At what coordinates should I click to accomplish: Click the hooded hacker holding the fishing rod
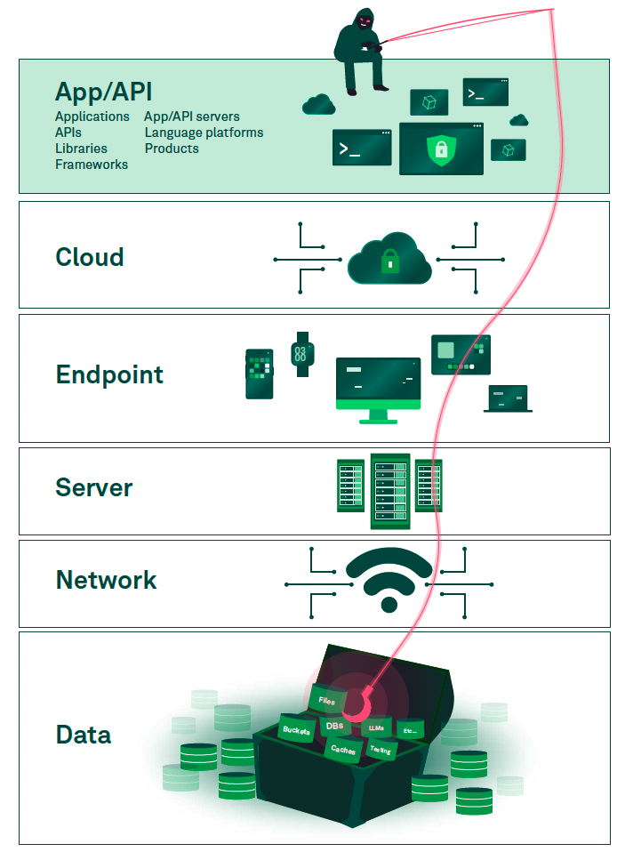click(359, 48)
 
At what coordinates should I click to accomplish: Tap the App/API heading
click(102, 92)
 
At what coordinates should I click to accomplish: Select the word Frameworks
click(92, 165)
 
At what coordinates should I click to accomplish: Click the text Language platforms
click(204, 133)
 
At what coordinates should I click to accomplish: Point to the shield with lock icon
click(440, 149)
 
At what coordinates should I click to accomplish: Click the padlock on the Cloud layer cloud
click(389, 261)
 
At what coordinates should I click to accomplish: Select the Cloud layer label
click(89, 257)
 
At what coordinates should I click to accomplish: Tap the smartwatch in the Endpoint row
click(301, 354)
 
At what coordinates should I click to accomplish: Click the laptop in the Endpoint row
click(508, 398)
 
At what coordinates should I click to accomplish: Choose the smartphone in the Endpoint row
click(259, 374)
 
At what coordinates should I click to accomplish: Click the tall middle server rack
click(389, 490)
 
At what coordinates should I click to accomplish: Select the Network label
click(106, 580)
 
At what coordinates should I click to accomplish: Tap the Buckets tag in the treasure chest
click(297, 729)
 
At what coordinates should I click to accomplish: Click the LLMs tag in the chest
click(377, 727)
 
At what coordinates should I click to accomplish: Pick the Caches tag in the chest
click(343, 750)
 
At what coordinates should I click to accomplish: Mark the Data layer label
click(84, 735)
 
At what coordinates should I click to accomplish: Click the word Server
click(93, 487)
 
